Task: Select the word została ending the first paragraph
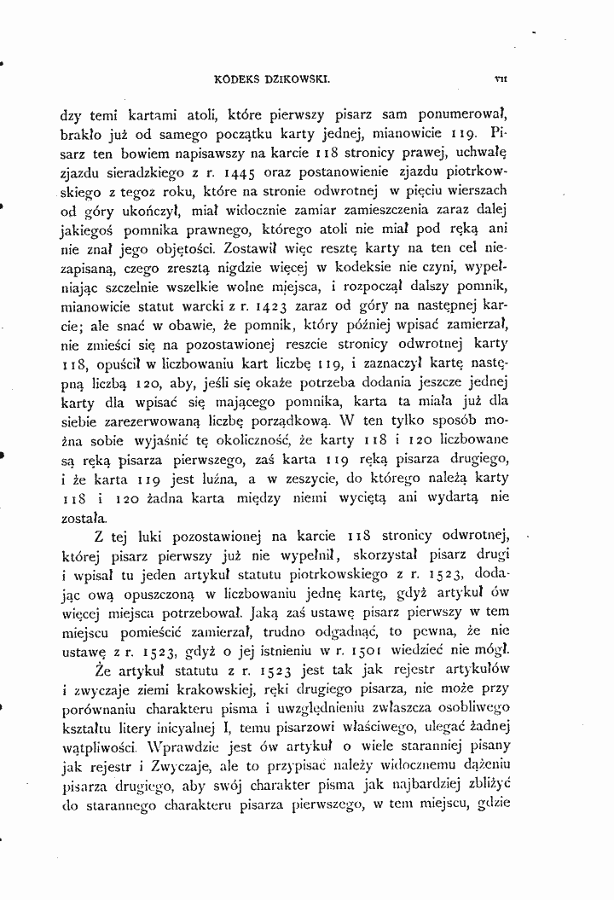click(x=84, y=517)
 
